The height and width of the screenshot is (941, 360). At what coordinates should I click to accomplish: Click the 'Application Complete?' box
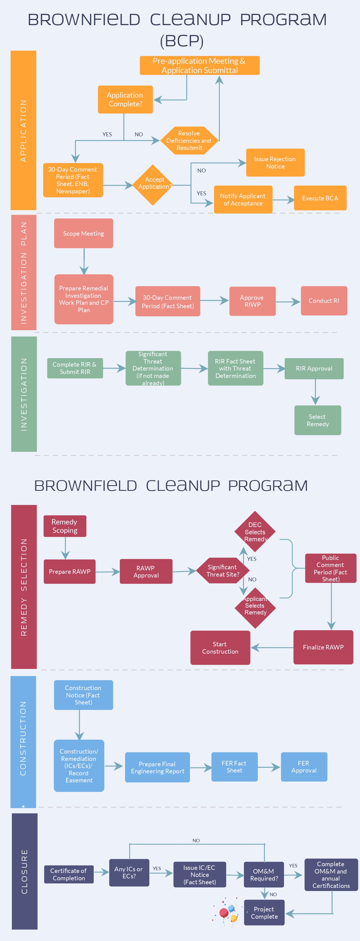[x=125, y=99]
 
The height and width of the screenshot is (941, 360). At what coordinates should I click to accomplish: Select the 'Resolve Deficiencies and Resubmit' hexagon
[x=189, y=141]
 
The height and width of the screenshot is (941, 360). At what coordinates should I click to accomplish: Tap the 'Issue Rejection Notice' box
[x=275, y=163]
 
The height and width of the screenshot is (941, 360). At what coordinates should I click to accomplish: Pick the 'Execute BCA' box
[x=320, y=198]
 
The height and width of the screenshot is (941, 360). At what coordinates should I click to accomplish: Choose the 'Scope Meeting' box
[x=83, y=233]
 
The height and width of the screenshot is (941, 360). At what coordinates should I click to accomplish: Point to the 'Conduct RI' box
[x=324, y=301]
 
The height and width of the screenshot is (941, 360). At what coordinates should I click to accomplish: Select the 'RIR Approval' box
[x=314, y=368]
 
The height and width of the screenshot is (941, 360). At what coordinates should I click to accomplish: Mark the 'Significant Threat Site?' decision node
[x=222, y=571]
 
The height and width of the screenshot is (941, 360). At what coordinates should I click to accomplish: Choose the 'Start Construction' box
[x=220, y=648]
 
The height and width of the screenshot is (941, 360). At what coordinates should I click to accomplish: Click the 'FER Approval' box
[x=304, y=767]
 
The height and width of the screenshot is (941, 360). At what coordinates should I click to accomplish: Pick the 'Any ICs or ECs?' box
[x=129, y=872]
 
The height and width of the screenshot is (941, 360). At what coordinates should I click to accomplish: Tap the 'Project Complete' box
[x=264, y=912]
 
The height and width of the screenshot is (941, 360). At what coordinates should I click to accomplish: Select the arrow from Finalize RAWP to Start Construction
[x=272, y=648]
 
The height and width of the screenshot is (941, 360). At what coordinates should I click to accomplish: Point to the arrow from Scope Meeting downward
[x=84, y=261]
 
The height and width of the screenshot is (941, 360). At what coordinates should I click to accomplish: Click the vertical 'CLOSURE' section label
[x=25, y=871]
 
